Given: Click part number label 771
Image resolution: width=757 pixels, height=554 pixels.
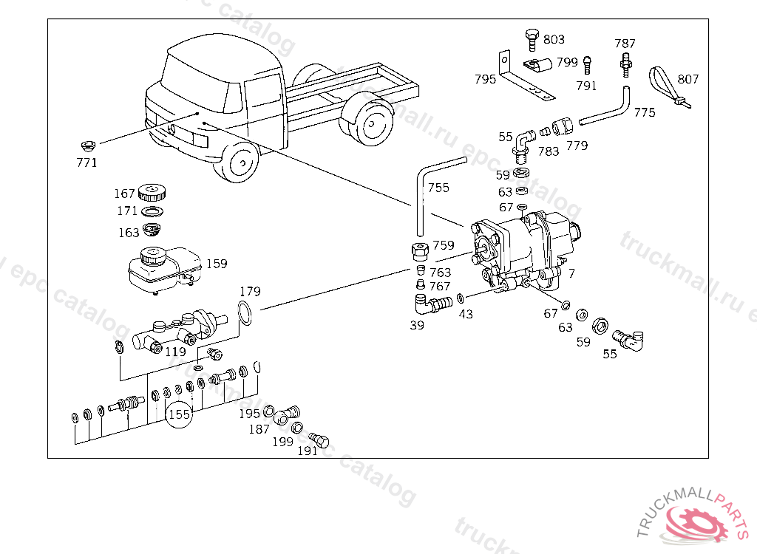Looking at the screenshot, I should point(86,163).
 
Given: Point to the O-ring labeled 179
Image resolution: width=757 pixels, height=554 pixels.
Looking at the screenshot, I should point(247,314).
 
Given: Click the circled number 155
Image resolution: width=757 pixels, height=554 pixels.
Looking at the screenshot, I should point(179,414).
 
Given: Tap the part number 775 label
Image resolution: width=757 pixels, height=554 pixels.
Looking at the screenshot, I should point(644,112).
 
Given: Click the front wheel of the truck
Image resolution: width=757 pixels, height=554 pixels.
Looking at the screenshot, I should point(240,164).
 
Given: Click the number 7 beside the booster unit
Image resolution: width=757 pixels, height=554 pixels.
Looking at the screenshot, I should point(571,273).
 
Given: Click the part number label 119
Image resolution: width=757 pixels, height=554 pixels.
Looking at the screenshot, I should point(175,352).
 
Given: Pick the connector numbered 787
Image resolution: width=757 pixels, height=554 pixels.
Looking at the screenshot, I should point(626,62).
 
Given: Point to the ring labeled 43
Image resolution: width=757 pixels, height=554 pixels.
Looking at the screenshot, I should point(461,298).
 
